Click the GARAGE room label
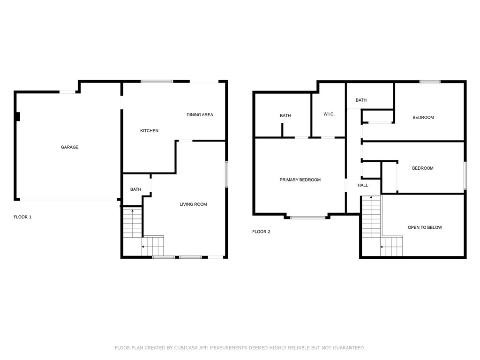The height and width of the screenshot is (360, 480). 69,147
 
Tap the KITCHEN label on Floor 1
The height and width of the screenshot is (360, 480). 150,131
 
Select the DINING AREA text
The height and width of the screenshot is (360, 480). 200,115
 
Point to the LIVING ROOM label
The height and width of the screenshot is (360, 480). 193,204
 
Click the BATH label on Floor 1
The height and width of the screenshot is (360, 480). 135,189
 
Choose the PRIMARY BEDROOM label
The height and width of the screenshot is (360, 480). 300,180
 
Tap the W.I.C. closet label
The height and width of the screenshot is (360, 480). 329,114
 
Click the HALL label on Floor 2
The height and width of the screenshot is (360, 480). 363,185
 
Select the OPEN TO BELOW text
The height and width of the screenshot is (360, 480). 425,227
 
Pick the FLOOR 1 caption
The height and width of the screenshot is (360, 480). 22,217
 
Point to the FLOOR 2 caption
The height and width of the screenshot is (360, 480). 262,232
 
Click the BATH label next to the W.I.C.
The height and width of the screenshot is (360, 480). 285,116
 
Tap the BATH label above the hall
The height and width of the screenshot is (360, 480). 361,100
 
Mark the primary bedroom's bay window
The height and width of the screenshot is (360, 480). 307,217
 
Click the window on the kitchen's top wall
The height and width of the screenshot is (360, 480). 157,82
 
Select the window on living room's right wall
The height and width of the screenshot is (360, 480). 226,174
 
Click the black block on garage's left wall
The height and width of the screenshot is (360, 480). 18,117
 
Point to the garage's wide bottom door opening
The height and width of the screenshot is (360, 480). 68,200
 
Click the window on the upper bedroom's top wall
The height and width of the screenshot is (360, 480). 430,82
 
